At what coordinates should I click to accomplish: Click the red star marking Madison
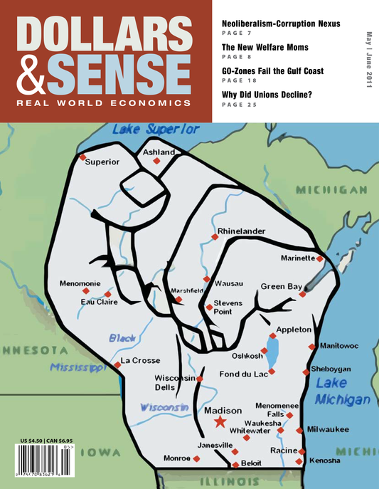pyautogui.click(x=220, y=422)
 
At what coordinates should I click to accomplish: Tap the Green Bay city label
pyautogui.click(x=282, y=286)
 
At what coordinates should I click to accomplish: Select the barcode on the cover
pyautogui.click(x=50, y=463)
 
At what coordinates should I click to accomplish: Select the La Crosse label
pyautogui.click(x=139, y=361)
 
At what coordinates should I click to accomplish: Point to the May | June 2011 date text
pyautogui.click(x=368, y=68)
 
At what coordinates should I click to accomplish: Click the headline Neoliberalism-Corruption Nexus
pyautogui.click(x=281, y=23)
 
